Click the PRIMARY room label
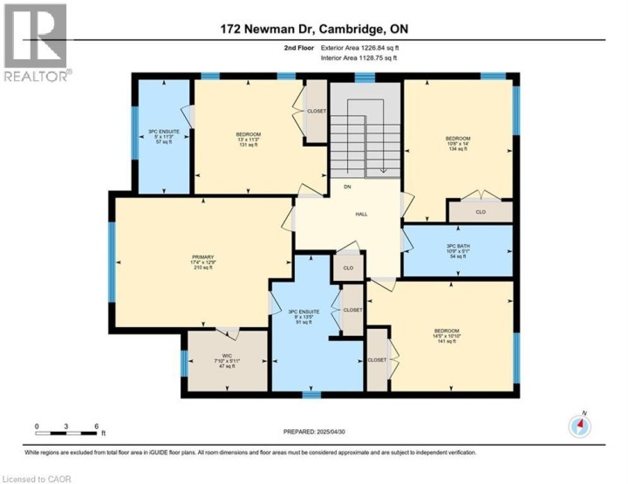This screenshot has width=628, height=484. click(x=201, y=262)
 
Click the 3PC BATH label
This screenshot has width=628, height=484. click(x=458, y=252)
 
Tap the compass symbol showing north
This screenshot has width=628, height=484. click(x=579, y=426)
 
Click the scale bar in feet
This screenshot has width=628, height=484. click(x=66, y=428)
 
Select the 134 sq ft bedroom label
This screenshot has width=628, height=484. click(x=458, y=143)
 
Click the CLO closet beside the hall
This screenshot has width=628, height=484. click(x=348, y=269)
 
